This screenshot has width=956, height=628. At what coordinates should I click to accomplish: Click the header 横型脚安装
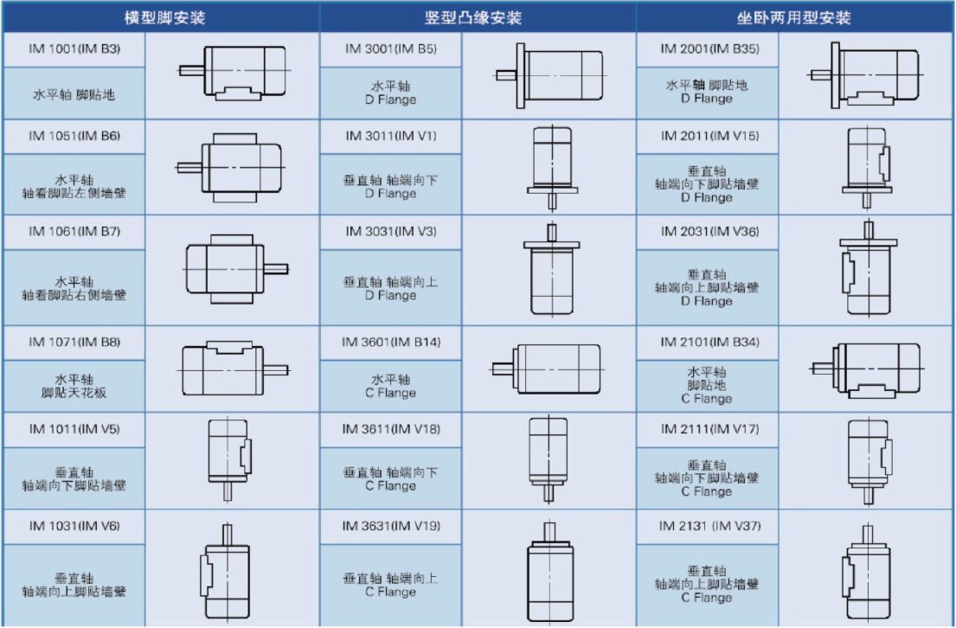[x=164, y=17]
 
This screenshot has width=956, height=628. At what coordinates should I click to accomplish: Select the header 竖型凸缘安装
[x=473, y=17]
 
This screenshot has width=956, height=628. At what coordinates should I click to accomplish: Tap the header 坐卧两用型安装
[x=793, y=17]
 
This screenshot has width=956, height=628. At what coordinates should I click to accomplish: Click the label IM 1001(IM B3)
[x=74, y=49]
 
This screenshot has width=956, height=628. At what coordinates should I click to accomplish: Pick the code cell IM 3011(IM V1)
[x=391, y=136]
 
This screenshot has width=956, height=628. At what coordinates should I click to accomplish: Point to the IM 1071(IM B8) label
[x=74, y=342]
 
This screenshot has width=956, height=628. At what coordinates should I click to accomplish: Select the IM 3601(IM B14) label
[x=391, y=342]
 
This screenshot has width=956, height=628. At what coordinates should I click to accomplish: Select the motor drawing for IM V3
[x=552, y=269]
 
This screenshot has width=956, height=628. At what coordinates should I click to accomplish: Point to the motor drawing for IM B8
[x=234, y=368]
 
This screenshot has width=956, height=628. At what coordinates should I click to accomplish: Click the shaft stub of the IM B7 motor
[x=276, y=269]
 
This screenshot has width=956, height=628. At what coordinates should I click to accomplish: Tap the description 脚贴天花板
[x=74, y=393]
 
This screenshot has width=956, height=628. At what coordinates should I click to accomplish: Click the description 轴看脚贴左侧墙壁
[x=74, y=193]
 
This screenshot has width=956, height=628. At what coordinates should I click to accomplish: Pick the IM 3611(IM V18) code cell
[x=391, y=429]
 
